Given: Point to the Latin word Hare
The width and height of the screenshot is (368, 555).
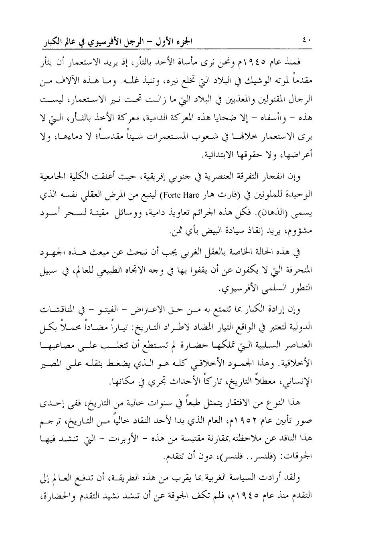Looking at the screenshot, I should click(183, 196).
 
